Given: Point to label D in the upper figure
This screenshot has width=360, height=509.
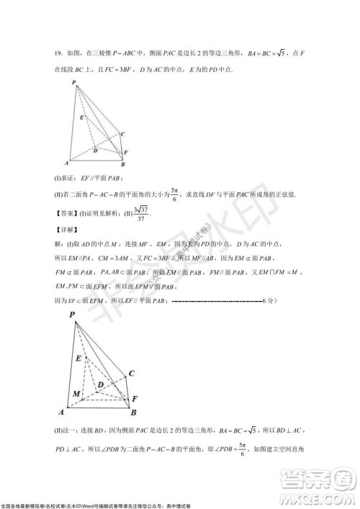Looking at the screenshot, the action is [96, 150].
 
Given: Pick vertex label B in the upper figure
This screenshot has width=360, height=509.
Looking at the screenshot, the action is [122, 165].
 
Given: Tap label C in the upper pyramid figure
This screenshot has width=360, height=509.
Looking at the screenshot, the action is [123, 134].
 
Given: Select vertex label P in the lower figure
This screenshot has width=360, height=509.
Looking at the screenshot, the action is [72, 315].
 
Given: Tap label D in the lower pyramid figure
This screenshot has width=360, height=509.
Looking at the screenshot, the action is [102, 386].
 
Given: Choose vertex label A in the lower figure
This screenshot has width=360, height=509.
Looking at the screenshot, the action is [62, 413].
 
